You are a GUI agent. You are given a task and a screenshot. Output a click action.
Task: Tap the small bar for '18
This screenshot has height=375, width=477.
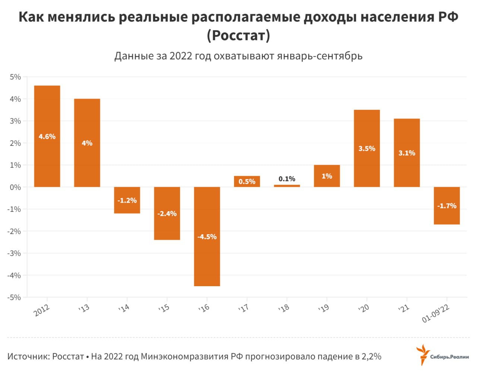pos(287,185)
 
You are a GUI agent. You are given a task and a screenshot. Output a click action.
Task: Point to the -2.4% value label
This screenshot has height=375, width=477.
pos(167,214)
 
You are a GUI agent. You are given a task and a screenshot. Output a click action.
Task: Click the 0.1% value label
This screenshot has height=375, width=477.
pos(287,179)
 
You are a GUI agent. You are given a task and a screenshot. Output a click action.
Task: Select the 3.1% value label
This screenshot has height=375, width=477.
pos(407,153)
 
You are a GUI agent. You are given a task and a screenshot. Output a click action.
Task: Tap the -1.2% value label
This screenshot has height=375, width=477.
pos(127,200)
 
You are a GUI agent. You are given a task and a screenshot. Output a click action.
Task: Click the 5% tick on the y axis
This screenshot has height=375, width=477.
pos(15,77)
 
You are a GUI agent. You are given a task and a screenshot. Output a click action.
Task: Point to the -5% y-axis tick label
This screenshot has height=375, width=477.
pos(14,297)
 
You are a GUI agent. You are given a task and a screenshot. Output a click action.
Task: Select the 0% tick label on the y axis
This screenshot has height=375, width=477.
pos(15,187)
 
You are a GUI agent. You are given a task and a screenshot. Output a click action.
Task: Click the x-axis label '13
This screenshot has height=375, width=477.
pos(84,309)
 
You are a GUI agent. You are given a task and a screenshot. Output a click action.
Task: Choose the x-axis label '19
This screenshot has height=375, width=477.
pos(323,309)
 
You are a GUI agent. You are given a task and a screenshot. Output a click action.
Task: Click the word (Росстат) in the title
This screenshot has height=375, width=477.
pos(238,35)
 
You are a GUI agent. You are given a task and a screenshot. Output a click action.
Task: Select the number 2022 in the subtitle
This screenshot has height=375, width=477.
pos(181,56)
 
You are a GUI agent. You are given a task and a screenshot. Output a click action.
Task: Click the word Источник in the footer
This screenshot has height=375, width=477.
pos(28,356)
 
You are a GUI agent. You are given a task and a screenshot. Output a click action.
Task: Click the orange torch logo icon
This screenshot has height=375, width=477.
pos(423,354)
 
